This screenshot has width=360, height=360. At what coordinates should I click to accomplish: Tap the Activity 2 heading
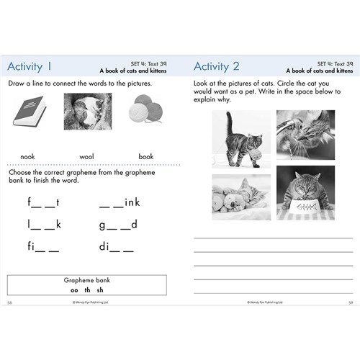pos(216,67)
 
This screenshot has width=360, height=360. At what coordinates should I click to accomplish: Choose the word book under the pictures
pos(146,156)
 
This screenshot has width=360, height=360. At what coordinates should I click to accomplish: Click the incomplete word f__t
pos(42,202)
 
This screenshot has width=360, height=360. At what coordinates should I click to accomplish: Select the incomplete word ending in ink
pos(120,202)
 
